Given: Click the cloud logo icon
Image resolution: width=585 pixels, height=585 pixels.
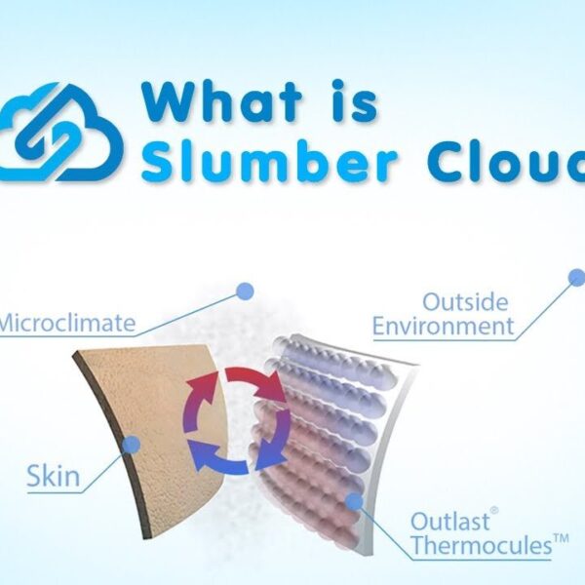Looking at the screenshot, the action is click(x=59, y=133).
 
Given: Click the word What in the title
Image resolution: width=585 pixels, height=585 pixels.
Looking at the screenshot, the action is click(x=221, y=101).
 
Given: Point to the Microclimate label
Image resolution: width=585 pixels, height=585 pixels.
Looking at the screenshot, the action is click(x=67, y=323).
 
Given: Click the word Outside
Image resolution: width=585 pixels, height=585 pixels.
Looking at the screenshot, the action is click(x=465, y=302).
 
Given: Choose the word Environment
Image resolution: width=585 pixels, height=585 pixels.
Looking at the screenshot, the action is click(x=444, y=326).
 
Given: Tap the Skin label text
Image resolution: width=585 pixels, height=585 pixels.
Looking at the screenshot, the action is click(x=54, y=476).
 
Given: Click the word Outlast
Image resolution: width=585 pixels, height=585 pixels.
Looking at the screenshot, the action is click(x=449, y=521).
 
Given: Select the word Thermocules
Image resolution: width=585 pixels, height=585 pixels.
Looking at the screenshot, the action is click(x=482, y=545).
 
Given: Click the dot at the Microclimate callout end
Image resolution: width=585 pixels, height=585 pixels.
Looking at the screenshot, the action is click(x=245, y=291).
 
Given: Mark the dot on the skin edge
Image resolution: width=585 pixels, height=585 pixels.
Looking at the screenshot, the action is click(x=131, y=445).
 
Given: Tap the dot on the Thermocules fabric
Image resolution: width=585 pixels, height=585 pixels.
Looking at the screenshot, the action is click(x=354, y=501).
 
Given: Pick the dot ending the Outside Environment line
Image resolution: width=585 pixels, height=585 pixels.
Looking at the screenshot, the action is click(x=577, y=278).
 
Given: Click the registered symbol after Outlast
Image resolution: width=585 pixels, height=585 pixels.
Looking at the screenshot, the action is click(x=494, y=510).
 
